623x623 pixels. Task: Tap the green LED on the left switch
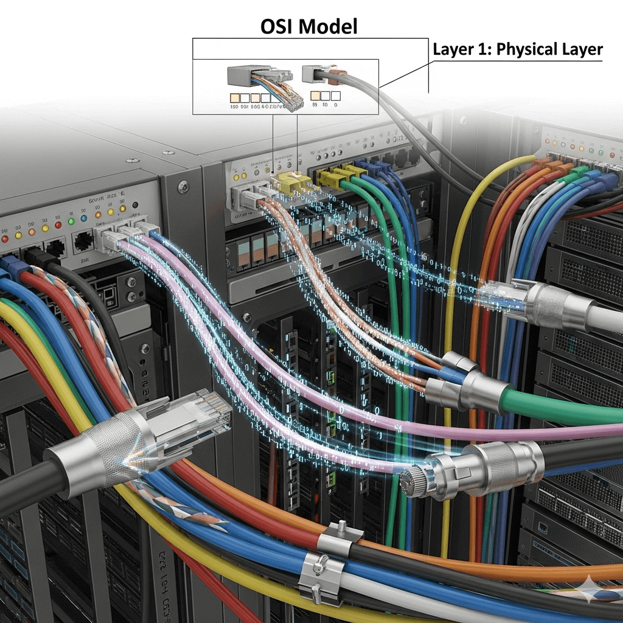(x=71, y=220)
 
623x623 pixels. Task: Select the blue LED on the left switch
(x=84, y=218)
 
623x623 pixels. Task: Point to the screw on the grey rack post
(x=183, y=187)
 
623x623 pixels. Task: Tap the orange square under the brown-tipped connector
(x=315, y=96)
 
